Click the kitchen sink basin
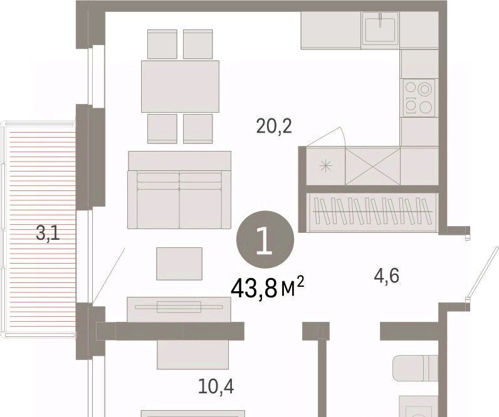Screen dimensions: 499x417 click(381, 29)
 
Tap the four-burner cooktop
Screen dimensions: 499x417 click(418, 98)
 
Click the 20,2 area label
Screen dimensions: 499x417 click(274, 126)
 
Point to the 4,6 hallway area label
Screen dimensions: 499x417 click(386, 275)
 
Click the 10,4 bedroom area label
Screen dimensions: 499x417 click(216, 386)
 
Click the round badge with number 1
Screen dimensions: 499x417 click(265, 240)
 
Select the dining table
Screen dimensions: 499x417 click(180, 86)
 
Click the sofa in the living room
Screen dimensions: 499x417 click(179, 190)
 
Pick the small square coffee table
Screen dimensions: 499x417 click(179, 264)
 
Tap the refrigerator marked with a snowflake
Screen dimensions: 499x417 click(326, 166)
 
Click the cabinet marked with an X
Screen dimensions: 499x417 click(372, 166)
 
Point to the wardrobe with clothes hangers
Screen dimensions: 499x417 click(372, 212)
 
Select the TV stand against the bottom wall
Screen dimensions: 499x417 click(179, 309)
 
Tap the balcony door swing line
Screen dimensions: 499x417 click(108, 275)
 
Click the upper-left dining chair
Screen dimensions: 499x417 click(162, 44)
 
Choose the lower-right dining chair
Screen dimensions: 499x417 click(198, 129)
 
